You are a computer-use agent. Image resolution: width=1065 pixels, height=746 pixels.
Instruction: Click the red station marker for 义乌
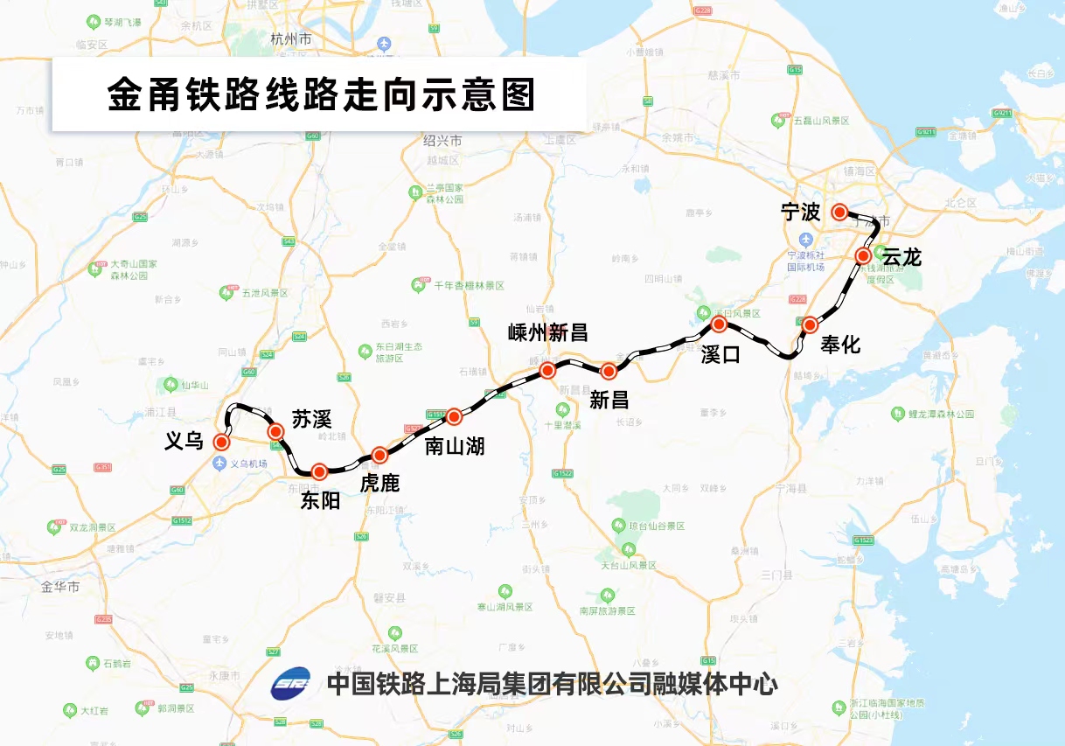click(x=222, y=442)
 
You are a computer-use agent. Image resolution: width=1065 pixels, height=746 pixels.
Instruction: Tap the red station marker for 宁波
click(x=839, y=212)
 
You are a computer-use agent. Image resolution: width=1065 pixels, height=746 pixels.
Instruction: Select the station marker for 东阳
click(x=319, y=471)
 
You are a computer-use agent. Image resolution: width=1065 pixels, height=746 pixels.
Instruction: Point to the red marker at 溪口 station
click(x=719, y=324)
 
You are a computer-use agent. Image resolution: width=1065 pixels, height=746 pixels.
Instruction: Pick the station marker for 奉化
click(x=810, y=324)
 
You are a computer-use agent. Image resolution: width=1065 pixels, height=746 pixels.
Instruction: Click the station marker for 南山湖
click(x=454, y=416)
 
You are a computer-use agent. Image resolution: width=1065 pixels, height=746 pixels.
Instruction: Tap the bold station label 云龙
click(x=901, y=257)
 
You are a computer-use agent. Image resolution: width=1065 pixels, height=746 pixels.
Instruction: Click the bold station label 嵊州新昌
click(x=547, y=332)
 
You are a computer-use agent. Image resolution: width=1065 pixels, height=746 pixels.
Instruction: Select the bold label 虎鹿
click(x=379, y=483)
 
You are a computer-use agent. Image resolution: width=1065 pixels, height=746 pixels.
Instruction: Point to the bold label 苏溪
click(x=312, y=419)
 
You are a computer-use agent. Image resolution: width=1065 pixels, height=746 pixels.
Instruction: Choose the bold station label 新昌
click(x=609, y=400)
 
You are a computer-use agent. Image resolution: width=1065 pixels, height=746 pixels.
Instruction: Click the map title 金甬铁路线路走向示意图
click(x=320, y=94)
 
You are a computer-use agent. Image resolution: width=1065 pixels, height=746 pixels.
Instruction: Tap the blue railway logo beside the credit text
click(x=290, y=684)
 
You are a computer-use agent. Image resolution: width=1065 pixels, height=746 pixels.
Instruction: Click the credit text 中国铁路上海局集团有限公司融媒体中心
click(x=551, y=683)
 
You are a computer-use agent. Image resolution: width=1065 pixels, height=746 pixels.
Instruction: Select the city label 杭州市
click(x=291, y=40)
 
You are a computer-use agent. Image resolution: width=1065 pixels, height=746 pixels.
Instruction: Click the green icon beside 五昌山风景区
click(x=777, y=120)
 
